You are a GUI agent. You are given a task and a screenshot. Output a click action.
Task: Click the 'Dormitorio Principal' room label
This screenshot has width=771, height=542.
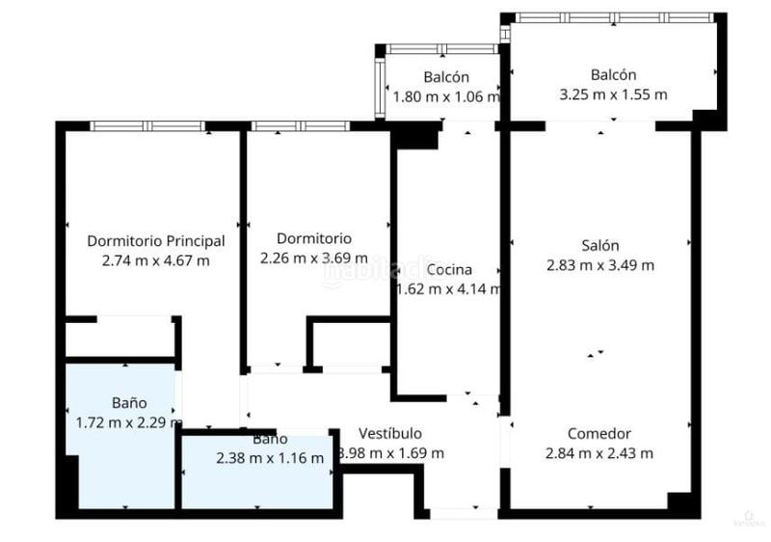[155, 241]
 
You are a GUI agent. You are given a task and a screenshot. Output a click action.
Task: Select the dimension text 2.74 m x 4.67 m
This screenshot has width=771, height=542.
[155, 259]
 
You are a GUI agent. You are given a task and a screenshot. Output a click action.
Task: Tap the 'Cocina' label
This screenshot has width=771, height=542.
[450, 269]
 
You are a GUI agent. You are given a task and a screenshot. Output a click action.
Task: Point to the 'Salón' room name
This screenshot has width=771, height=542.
[599, 246]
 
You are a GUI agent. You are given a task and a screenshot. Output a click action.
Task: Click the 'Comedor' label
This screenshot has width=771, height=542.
[598, 434]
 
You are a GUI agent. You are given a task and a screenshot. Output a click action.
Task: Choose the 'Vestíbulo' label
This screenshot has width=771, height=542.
[389, 434]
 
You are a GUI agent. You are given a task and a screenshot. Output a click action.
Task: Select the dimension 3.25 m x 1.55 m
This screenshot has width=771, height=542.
[613, 95]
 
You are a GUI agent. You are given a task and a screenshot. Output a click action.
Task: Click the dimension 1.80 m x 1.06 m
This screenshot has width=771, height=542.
[446, 96]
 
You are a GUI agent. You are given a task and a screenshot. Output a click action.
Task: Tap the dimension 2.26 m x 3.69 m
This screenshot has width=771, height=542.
[314, 257]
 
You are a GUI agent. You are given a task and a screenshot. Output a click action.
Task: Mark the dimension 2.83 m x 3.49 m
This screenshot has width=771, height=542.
[599, 265]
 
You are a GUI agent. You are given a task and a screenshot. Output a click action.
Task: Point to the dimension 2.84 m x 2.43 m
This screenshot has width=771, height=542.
[598, 453]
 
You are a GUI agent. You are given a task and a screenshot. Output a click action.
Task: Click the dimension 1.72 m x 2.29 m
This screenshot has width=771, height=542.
[128, 421]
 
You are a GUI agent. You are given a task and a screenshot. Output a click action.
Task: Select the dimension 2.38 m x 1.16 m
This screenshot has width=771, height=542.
[270, 458]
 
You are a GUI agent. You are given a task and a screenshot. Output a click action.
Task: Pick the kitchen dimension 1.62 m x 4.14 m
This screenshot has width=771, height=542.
[449, 288]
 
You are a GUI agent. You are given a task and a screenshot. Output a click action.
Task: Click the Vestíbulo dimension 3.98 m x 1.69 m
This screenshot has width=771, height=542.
[389, 453]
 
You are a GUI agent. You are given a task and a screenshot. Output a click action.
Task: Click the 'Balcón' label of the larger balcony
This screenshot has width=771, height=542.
[613, 75]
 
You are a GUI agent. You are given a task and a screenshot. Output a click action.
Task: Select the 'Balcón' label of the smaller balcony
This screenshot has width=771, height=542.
[446, 77]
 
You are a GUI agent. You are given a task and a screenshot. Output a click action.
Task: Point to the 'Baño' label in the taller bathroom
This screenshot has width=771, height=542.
[128, 403]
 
